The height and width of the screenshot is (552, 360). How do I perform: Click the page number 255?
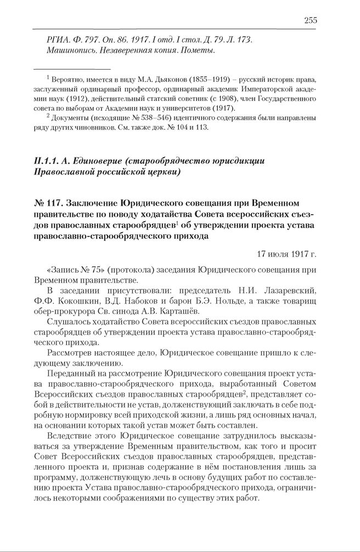tap(310, 21)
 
